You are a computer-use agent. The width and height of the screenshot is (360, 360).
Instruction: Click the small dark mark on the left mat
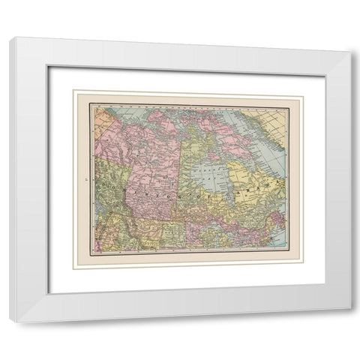tap(88, 180)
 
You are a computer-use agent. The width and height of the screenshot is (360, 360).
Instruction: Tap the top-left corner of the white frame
tap(10, 40)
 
